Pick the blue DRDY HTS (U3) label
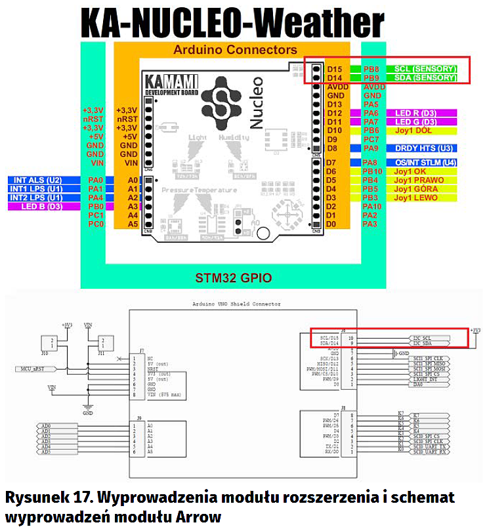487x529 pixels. pos(425,148)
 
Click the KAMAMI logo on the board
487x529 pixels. pos(166,84)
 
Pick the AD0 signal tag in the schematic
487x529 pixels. pos(45,426)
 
